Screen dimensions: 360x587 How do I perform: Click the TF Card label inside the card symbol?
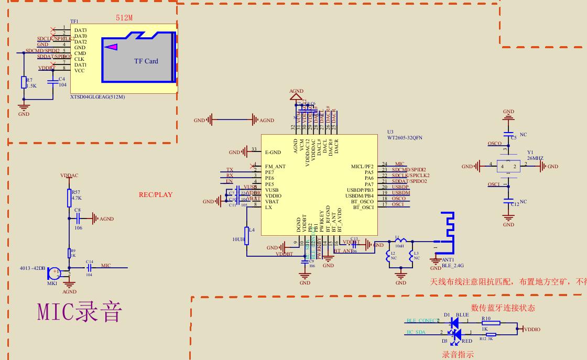click(x=146, y=61)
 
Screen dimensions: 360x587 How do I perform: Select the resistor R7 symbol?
click(x=24, y=82)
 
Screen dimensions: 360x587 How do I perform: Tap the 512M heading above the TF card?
click(x=124, y=18)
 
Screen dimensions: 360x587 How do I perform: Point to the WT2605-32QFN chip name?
click(x=405, y=138)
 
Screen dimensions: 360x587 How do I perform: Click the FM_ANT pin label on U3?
click(x=276, y=167)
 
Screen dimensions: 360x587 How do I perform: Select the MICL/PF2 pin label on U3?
click(x=362, y=167)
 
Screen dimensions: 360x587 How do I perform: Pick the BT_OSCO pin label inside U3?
click(x=362, y=201)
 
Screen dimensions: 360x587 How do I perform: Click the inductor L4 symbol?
click(x=247, y=236)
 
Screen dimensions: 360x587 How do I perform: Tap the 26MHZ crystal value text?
click(x=535, y=158)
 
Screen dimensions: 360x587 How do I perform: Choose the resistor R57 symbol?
click(x=69, y=198)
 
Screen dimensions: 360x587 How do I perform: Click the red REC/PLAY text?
click(x=155, y=195)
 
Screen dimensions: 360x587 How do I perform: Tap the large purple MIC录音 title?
click(x=80, y=312)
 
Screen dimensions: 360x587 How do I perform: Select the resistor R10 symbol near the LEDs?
click(x=491, y=323)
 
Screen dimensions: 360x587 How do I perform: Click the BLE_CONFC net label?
click(x=422, y=321)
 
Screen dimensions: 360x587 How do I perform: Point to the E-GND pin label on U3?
click(x=273, y=152)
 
